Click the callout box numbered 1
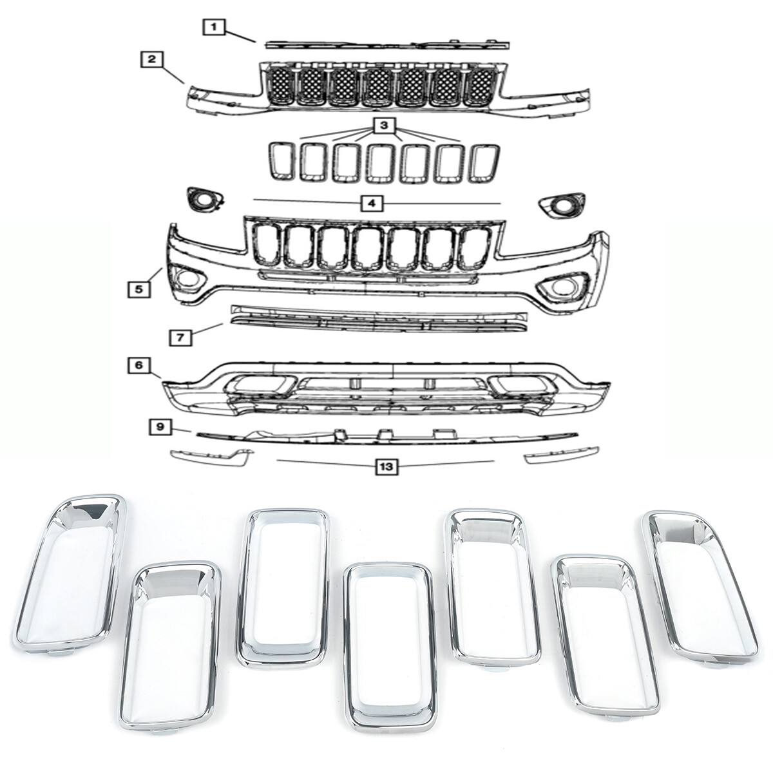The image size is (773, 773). coord(214,27)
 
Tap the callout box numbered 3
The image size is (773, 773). coord(384,126)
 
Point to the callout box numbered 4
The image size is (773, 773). coord(372,204)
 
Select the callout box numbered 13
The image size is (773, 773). coord(385,466)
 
